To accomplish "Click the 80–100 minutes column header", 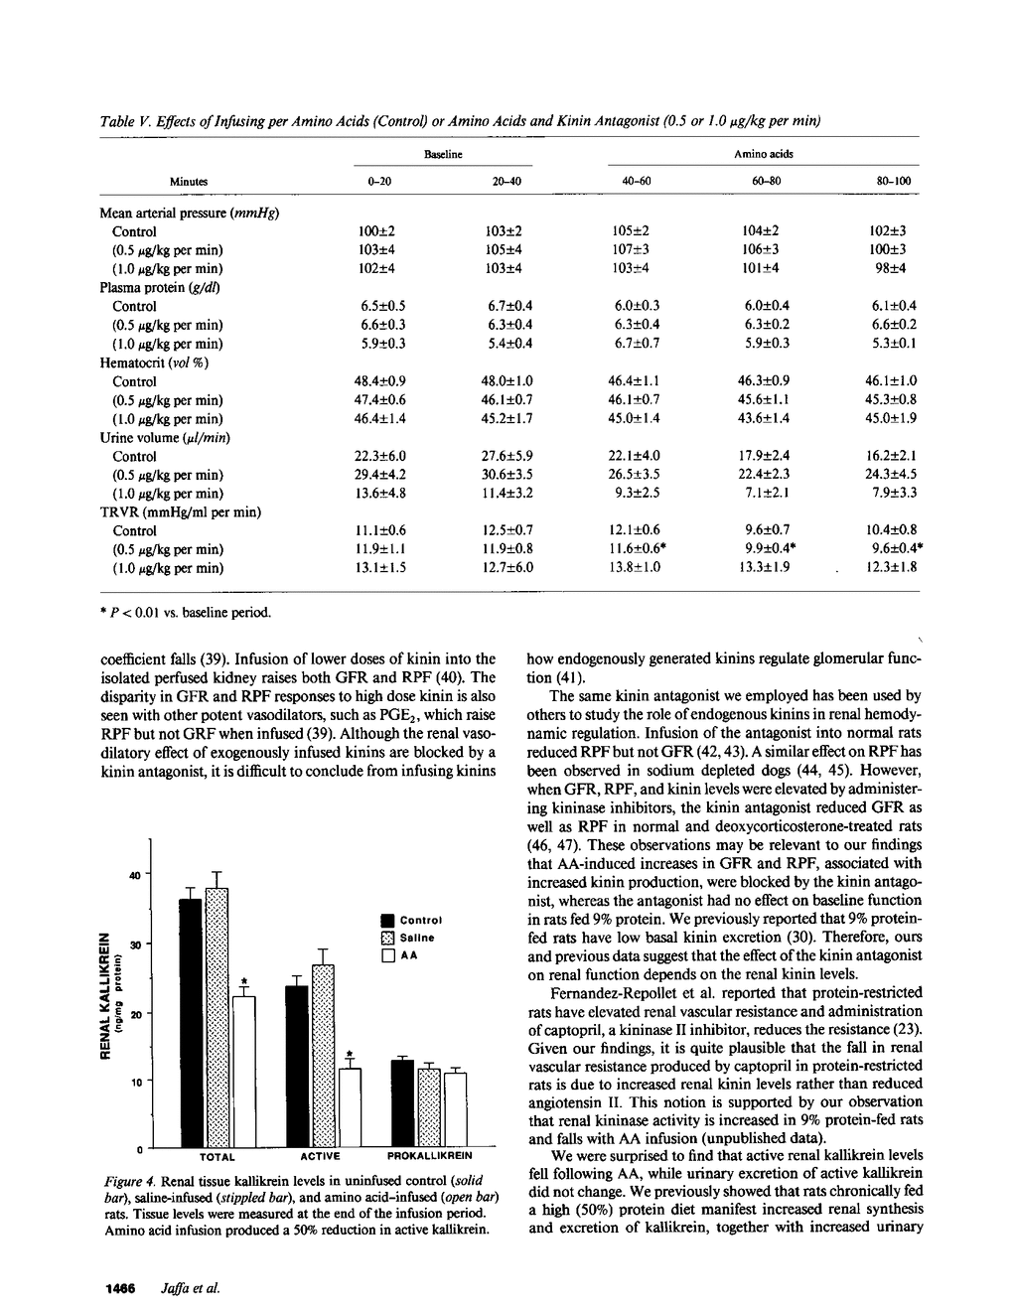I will tap(894, 182).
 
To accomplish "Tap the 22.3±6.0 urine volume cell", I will tap(380, 456).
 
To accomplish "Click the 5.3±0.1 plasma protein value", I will tap(894, 344).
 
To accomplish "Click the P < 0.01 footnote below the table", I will tap(186, 612).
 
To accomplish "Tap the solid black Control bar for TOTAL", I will tap(190, 1023).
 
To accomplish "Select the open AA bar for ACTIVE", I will tap(351, 1107).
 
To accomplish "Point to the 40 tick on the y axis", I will tap(134, 875).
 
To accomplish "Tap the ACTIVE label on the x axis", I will tap(321, 1156).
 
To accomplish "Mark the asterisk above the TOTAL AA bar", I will tap(243, 981).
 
